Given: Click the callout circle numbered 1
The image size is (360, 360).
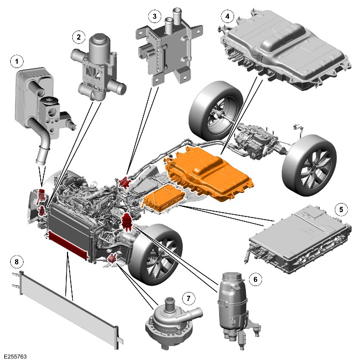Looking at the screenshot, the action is (17, 62).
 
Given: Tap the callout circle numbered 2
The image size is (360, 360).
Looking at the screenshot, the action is (79, 37).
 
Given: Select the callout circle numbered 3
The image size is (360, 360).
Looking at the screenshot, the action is (154, 16).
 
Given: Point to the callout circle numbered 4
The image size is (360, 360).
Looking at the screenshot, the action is (227, 16).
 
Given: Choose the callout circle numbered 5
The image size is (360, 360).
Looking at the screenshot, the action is (341, 209).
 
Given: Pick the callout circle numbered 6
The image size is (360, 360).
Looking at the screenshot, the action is (256, 280).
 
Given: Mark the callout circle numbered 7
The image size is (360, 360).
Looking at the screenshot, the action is (189, 298).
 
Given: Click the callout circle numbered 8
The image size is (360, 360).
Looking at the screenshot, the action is (17, 262).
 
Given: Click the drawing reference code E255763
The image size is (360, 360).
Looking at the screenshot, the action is (15, 356).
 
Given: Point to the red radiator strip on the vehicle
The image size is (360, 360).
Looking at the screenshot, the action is (67, 245).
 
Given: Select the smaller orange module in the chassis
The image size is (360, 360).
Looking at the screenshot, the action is (164, 198).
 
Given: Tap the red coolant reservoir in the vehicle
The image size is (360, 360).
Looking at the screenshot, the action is (126, 222).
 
